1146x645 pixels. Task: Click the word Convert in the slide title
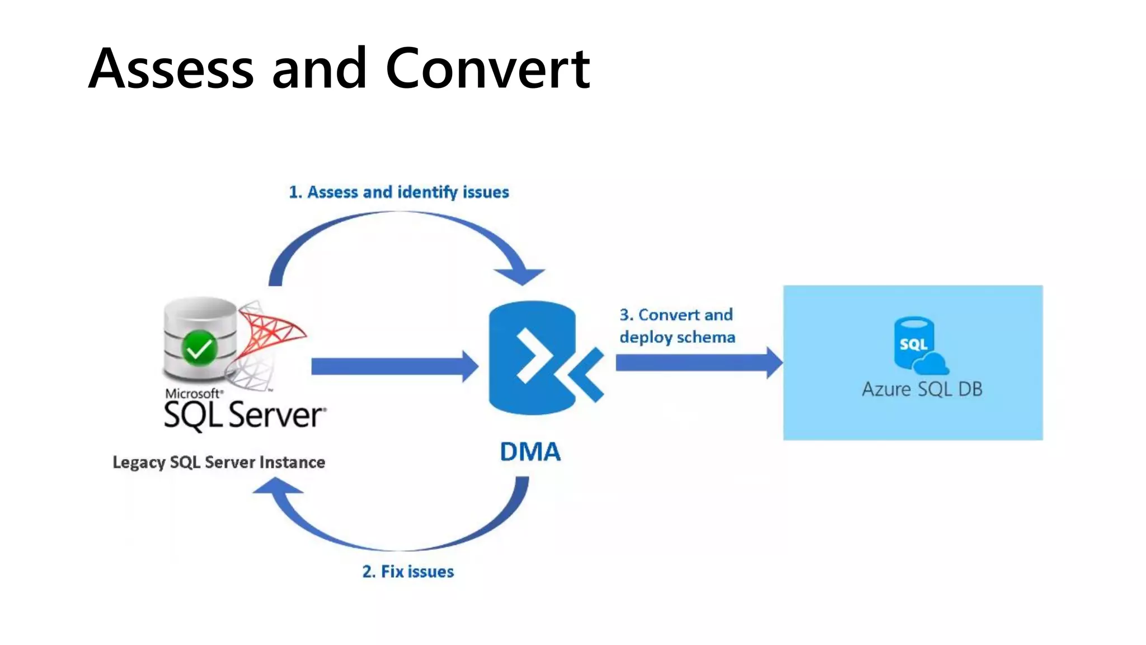(x=487, y=69)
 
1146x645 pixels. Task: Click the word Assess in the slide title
(x=171, y=69)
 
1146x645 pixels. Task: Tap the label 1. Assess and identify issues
(x=398, y=192)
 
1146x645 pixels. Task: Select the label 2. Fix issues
(x=408, y=572)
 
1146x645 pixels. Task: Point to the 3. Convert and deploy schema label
(x=677, y=326)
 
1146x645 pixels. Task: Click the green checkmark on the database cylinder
(x=199, y=348)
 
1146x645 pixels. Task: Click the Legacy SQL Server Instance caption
(x=219, y=462)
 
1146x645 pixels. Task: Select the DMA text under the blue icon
(x=530, y=452)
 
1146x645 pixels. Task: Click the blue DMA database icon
(x=532, y=358)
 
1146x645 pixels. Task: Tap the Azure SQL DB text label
(x=922, y=389)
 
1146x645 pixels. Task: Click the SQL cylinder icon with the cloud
(x=914, y=343)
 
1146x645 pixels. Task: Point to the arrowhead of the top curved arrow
(x=520, y=275)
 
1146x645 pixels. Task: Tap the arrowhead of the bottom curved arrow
(x=277, y=487)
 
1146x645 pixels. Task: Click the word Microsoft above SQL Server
(x=192, y=394)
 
